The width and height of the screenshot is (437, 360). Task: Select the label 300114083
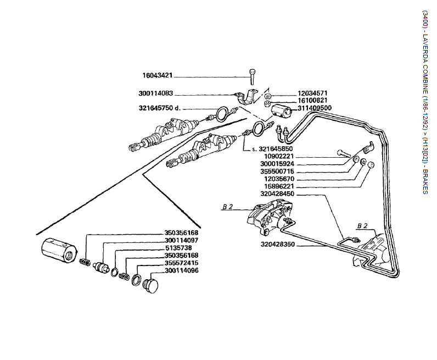pyautogui.click(x=156, y=93)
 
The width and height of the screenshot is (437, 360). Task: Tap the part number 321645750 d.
pyautogui.click(x=159, y=108)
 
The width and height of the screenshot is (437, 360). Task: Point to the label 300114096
pyautogui.click(x=181, y=270)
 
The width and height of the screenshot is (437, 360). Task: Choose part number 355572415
pyautogui.click(x=181, y=263)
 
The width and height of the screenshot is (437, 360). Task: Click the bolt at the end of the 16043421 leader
pyautogui.click(x=251, y=73)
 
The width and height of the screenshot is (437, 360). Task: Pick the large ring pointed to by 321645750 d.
pyautogui.click(x=221, y=114)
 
